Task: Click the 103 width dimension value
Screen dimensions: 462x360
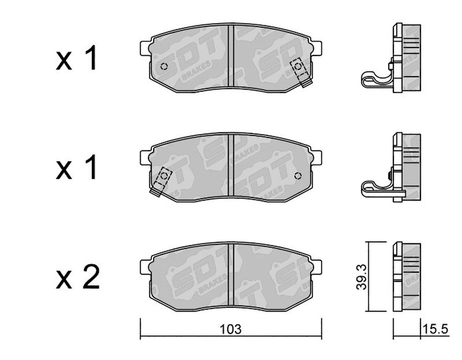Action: click(230, 329)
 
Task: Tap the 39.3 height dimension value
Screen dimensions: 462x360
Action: click(362, 277)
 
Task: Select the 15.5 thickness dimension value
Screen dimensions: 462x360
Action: click(435, 328)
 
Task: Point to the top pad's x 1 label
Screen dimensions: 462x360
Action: click(76, 58)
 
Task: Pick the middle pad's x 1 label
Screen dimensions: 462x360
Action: click(76, 168)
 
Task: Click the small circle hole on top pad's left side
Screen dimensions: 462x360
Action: click(164, 66)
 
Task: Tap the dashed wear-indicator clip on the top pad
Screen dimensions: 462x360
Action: click(301, 72)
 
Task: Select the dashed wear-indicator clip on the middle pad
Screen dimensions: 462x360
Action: click(161, 181)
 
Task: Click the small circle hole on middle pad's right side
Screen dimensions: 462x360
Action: click(298, 176)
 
